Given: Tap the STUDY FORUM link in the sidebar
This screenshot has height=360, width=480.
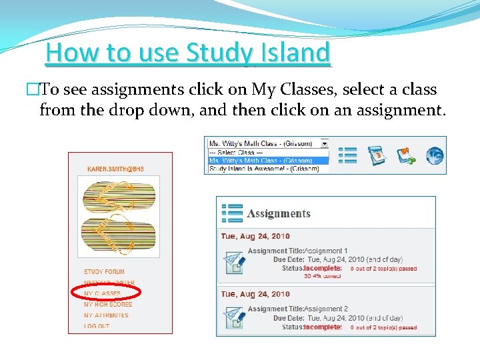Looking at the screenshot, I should click(x=104, y=272).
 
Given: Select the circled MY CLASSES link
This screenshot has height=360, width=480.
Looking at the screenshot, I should click(x=103, y=293).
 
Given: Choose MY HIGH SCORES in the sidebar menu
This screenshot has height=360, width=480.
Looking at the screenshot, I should click(x=108, y=304).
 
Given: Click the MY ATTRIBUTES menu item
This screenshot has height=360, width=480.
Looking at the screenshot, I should click(x=106, y=315).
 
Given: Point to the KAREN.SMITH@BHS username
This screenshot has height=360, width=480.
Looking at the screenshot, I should click(x=115, y=169).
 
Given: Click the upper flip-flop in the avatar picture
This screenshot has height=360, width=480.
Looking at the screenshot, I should click(x=119, y=196).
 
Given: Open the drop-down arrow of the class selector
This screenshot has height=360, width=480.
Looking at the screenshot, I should click(x=325, y=143).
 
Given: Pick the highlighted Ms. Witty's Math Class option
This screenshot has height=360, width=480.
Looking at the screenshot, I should click(x=259, y=160).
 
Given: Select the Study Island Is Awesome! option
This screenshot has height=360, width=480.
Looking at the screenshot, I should click(x=264, y=169).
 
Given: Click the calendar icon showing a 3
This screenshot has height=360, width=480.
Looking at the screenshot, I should click(x=377, y=155).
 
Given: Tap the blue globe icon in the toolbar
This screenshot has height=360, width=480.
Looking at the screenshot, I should click(x=435, y=155).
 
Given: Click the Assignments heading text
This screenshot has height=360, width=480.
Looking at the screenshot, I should click(x=279, y=214).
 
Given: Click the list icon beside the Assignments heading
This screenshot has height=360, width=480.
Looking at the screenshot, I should click(x=232, y=213).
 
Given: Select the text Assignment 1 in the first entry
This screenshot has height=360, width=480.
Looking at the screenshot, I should click(x=327, y=251).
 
